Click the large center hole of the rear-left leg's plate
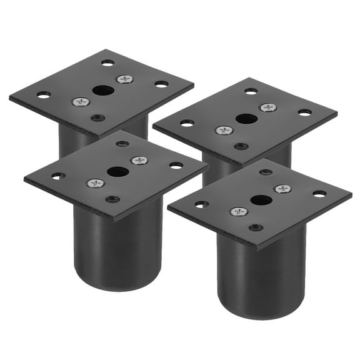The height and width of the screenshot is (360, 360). click(103, 90)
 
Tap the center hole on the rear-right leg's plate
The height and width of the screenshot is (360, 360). click(245, 118)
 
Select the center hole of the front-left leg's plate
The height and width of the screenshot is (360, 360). click(117, 171)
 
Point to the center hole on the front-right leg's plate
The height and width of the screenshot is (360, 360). click(261, 200)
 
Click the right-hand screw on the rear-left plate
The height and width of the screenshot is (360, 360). click(124, 79)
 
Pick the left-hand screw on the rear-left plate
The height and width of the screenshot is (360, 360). click(80, 101)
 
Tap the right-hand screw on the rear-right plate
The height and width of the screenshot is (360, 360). click(267, 107)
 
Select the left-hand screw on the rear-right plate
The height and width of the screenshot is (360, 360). click(223, 130)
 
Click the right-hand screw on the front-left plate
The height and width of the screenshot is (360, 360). click(139, 161)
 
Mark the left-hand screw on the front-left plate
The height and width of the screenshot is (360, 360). click(95, 183)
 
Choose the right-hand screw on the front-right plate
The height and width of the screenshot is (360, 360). click(282, 189)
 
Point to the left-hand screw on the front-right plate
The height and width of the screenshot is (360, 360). click(239, 212)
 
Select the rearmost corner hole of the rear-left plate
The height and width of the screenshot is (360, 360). click(108, 62)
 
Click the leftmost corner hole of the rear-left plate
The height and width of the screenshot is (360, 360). click(43, 95)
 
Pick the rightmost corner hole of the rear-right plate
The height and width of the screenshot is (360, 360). click(305, 112)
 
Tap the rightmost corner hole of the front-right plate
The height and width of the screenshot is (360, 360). click(319, 194)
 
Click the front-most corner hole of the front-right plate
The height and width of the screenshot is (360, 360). click(256, 227)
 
